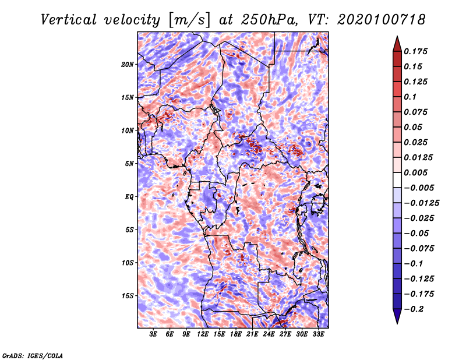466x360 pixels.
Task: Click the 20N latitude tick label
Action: click(128, 64)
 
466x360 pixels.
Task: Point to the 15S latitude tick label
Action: click(128, 295)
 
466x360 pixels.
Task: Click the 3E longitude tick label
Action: click(154, 334)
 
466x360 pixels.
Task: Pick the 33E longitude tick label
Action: click(318, 334)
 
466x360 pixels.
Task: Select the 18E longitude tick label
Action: click(236, 334)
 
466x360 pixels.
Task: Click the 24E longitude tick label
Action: click(269, 334)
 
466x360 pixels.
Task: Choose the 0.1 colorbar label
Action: click(411, 97)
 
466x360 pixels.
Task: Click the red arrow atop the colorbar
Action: click(396, 43)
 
